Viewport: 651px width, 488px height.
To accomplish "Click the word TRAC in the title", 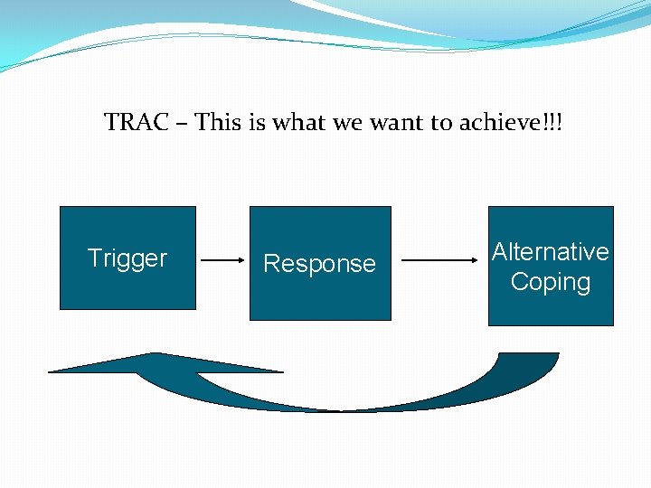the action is coord(137,122).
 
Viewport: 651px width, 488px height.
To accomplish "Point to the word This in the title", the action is coord(218,122).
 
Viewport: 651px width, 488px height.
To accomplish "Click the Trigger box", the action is coord(127,258).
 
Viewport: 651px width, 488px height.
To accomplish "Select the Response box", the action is coord(320,263).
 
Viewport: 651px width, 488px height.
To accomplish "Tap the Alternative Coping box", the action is coord(551,266).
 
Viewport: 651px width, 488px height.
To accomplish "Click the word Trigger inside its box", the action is coord(127,259).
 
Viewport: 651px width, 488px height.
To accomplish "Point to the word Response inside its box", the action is coord(320,264).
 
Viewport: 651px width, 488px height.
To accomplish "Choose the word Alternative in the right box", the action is coord(551,251).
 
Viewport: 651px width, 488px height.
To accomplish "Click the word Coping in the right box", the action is coord(551,282).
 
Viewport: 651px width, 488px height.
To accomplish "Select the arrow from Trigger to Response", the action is coord(222,260).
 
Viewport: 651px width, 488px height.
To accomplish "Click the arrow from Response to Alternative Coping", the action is coord(439,260).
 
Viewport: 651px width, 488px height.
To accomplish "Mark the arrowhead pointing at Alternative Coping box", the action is coord(475,260).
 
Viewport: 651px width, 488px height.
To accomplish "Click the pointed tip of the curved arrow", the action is coord(49,371).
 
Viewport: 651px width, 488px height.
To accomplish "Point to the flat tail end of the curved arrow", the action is coord(529,353).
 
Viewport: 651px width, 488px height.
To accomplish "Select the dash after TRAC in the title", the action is coord(182,124).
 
